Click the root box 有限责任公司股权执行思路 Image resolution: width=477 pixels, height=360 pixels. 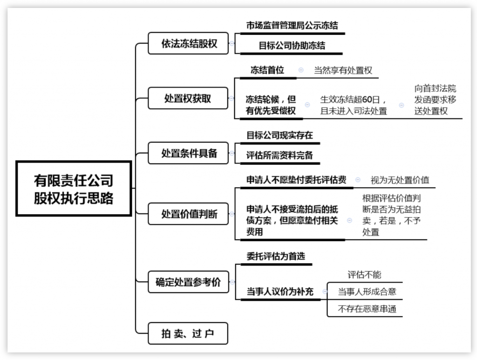click(74, 189)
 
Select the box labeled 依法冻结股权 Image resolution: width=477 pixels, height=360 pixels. click(188, 43)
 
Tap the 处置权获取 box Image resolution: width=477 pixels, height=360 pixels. click(188, 98)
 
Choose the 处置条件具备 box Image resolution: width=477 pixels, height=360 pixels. click(188, 153)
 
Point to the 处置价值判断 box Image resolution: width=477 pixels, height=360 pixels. click(188, 214)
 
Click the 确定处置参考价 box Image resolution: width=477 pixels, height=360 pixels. click(188, 282)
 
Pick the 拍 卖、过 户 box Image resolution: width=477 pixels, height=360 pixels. click(188, 333)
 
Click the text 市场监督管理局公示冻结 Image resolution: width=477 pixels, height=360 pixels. click(292, 26)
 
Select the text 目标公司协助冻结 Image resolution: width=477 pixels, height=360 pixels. click(292, 46)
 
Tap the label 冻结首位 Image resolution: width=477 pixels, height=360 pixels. click(267, 70)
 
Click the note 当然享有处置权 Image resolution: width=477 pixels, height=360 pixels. click(343, 70)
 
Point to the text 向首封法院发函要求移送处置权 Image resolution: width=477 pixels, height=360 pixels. click(435, 100)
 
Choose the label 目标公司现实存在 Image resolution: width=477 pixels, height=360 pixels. click(279, 136)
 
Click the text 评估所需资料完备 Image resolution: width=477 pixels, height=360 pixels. click(279, 156)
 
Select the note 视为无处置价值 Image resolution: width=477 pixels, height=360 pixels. click(400, 180)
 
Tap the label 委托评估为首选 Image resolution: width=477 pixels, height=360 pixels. click(276, 256)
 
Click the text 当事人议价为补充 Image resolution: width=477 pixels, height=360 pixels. click(280, 292)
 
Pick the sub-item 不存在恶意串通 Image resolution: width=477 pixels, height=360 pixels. click(367, 309)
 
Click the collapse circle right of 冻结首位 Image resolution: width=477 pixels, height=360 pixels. click(301, 70)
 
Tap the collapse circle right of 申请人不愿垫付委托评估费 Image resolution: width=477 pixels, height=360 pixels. click(358, 180)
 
